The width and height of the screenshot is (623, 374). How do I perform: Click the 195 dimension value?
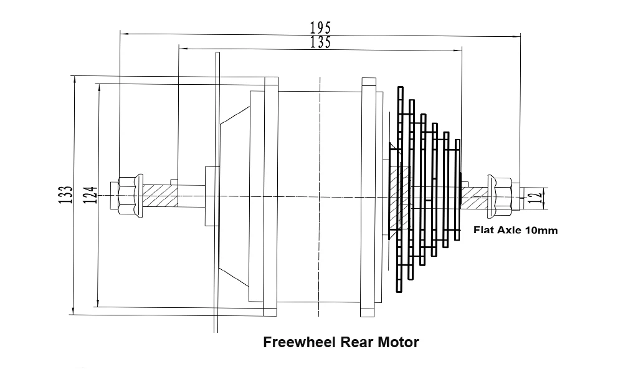point(320,27)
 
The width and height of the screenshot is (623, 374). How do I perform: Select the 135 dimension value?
point(320,42)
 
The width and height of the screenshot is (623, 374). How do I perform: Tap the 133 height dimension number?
point(69,194)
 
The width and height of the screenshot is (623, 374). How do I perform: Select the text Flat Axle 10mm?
point(516,229)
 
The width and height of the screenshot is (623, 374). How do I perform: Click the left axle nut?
point(130,194)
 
